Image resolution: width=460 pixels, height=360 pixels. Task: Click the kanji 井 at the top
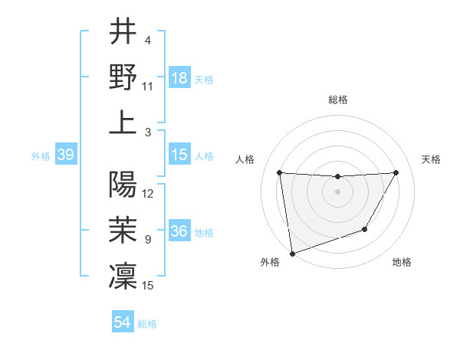pyautogui.click(x=123, y=33)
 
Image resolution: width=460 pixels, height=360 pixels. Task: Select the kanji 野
pyautogui.click(x=123, y=77)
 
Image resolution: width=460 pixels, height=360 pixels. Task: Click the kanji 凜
pyautogui.click(x=123, y=274)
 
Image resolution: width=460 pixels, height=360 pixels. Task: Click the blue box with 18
pyautogui.click(x=179, y=77)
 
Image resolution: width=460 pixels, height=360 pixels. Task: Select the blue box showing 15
pyautogui.click(x=179, y=155)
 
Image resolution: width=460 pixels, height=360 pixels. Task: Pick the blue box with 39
pyautogui.click(x=65, y=155)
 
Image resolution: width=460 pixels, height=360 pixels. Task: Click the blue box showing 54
pyautogui.click(x=122, y=322)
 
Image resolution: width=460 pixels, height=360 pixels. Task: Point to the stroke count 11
pyautogui.click(x=148, y=87)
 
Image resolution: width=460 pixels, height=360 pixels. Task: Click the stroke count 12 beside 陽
pyautogui.click(x=148, y=194)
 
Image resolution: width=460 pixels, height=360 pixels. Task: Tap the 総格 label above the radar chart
pyautogui.click(x=337, y=100)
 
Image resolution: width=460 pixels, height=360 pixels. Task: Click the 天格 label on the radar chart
pyautogui.click(x=431, y=159)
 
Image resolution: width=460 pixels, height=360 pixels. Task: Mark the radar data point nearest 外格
pyautogui.click(x=291, y=253)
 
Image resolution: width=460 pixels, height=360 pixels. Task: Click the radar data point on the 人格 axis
pyautogui.click(x=279, y=172)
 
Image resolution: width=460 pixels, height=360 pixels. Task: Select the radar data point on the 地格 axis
pyautogui.click(x=365, y=229)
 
